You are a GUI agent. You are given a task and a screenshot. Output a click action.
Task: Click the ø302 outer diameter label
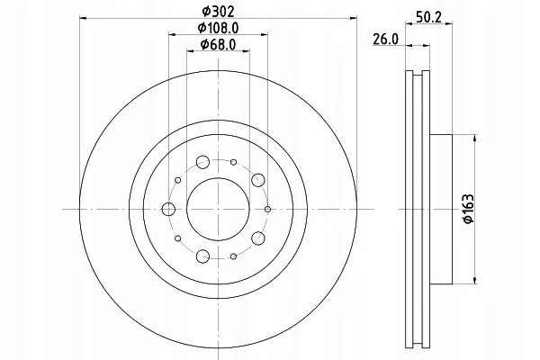coord(218,12)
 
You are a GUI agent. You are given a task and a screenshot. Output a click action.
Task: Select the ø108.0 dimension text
coord(218,28)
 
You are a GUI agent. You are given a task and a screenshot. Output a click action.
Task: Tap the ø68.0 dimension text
coord(218,44)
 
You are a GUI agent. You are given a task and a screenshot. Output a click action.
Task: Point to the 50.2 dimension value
coord(428,17)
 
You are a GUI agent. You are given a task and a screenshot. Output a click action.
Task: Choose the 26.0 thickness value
coord(385,40)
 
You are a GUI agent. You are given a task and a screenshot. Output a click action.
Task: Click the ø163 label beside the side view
coord(469,210)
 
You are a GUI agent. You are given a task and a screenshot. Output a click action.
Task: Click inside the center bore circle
coord(218,209)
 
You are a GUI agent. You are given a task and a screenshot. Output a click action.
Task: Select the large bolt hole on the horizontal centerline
coord(168,209)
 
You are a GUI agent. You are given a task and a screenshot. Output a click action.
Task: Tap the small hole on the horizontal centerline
coord(267,209)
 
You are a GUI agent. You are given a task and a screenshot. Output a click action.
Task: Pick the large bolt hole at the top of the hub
coord(202,162)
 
